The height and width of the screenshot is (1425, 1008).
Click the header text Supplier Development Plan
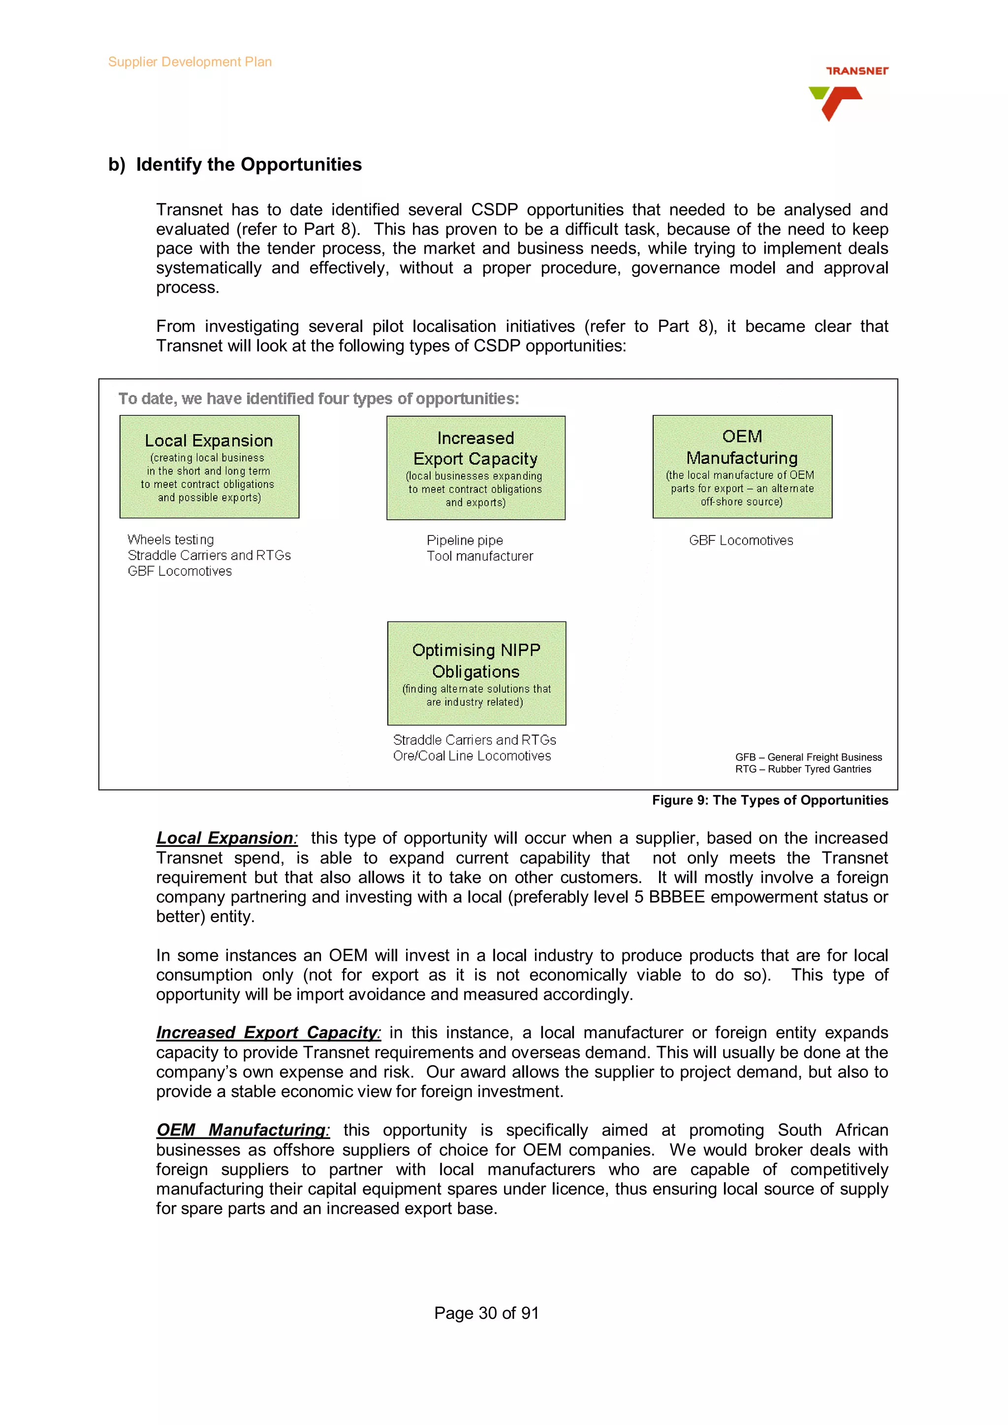pos(189,62)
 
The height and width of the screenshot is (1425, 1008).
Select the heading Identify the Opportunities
pos(249,164)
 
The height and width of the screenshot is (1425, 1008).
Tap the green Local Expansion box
pos(209,467)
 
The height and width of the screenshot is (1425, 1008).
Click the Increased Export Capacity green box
pos(476,468)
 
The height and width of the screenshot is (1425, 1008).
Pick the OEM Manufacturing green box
pos(742,467)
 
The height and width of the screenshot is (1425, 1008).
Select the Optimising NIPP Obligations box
pos(476,673)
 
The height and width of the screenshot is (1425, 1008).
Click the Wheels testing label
pos(171,539)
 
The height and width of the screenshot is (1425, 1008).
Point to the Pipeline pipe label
pos(465,540)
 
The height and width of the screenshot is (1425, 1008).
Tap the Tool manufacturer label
pos(479,556)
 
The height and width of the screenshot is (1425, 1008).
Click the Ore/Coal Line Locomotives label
pos(472,756)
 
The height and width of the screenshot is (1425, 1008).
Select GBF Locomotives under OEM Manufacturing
pos(741,540)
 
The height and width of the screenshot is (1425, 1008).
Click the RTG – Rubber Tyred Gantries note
pos(803,769)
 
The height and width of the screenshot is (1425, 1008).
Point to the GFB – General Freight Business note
pos(808,757)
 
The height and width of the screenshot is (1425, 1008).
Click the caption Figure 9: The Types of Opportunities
pos(769,800)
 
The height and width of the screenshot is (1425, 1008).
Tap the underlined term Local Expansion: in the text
pos(227,838)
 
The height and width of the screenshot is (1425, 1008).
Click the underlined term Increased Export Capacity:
pos(268,1032)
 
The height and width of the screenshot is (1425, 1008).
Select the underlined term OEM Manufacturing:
pos(242,1129)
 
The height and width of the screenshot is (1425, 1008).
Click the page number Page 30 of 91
pos(486,1313)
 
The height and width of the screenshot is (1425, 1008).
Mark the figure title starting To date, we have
pos(318,398)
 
